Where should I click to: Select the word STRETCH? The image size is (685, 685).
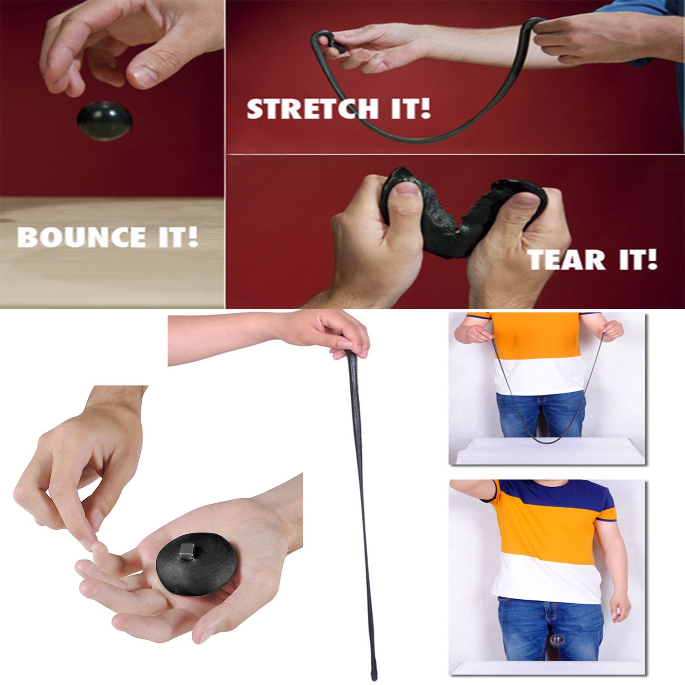[312, 109]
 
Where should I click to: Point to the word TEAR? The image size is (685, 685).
[566, 260]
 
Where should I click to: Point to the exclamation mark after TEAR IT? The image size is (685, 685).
[652, 259]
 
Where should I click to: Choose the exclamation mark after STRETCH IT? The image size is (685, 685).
[425, 109]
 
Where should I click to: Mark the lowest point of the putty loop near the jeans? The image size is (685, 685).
[547, 441]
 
